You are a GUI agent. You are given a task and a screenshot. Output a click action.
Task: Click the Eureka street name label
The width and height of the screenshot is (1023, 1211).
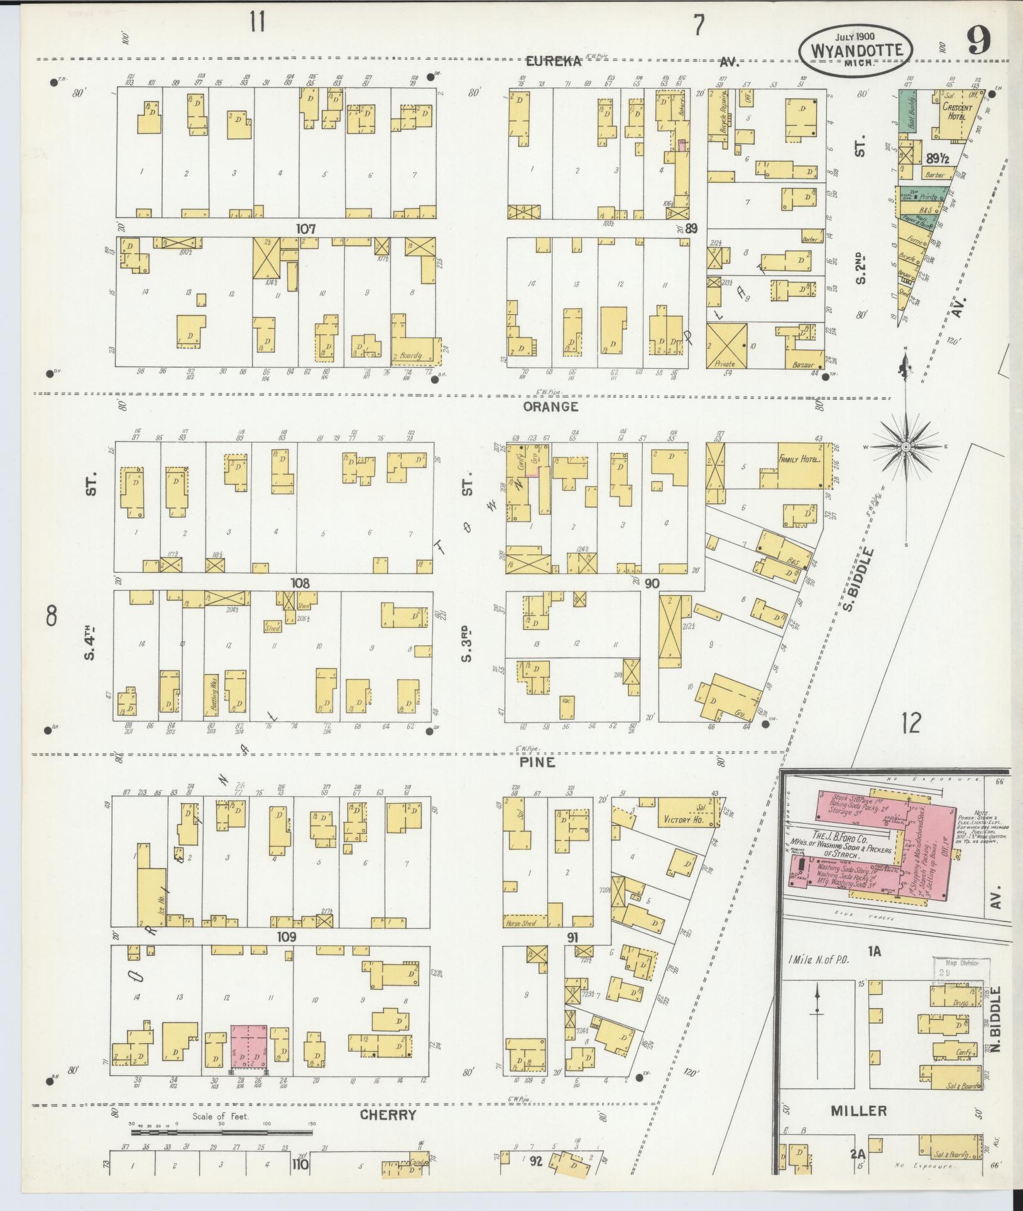[x=554, y=61]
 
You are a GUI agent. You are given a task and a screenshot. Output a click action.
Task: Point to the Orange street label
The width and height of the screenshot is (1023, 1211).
[x=550, y=407]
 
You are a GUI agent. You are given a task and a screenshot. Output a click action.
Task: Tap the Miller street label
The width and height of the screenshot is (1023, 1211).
[x=858, y=1111]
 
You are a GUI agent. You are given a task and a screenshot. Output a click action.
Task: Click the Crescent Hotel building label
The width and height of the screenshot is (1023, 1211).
[x=956, y=112]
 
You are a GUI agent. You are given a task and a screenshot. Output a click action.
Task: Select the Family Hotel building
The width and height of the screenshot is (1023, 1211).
[x=799, y=461]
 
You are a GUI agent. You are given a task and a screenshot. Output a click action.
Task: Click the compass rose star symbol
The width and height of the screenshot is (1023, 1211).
[x=905, y=447]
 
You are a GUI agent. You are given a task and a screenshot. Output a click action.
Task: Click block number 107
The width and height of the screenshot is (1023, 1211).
[x=306, y=229]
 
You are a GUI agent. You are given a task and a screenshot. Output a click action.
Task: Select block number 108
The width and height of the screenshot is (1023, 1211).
[x=300, y=584]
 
